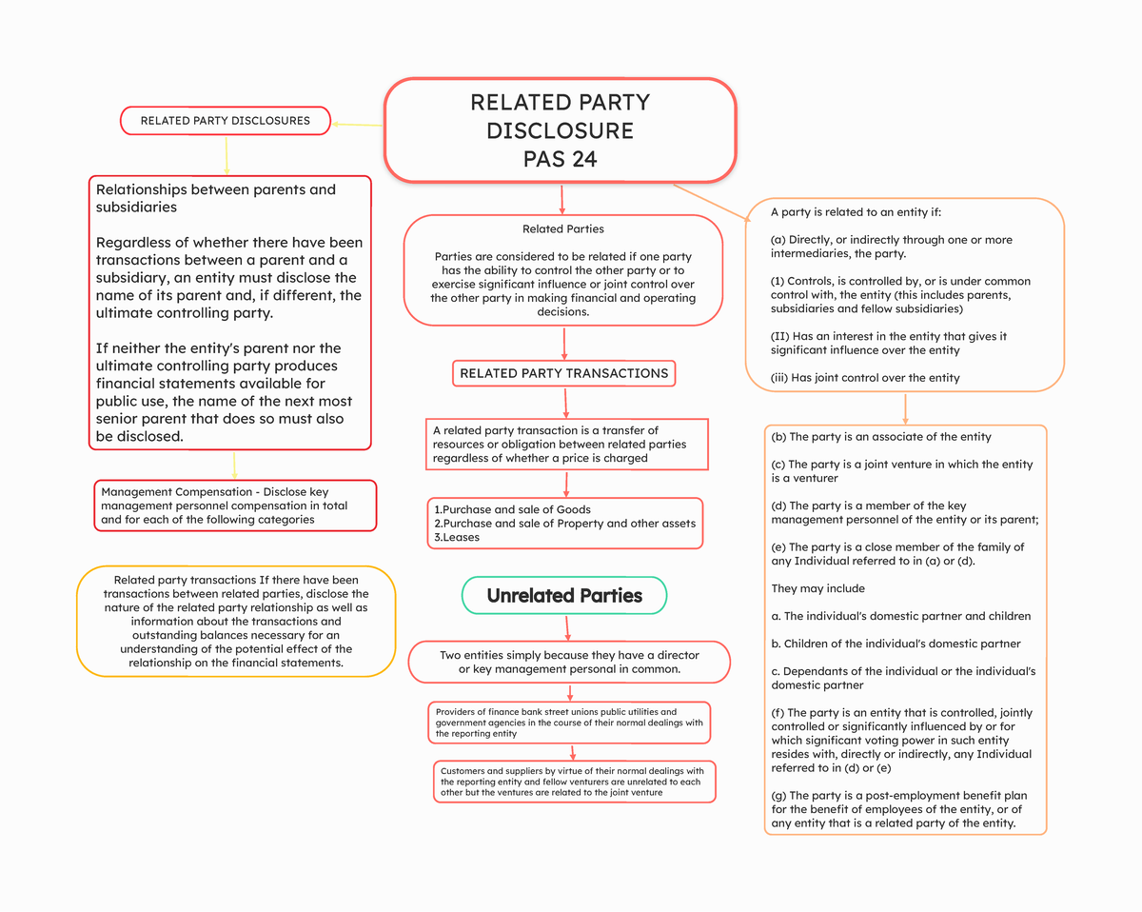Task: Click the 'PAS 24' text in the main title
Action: [560, 159]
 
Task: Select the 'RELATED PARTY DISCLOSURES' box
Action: [226, 121]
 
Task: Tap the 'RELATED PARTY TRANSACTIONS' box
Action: [563, 373]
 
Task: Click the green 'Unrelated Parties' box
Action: [564, 596]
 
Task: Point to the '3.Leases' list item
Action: [457, 537]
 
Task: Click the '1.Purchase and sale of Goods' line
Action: [512, 509]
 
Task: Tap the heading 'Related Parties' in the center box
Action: [563, 228]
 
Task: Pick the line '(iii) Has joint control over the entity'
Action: [865, 378]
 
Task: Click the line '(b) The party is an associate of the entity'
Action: [881, 437]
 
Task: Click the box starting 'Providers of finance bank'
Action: [569, 723]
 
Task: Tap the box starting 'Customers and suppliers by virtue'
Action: [572, 782]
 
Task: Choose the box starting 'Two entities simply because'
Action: [569, 662]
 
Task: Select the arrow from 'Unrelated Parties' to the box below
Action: [568, 627]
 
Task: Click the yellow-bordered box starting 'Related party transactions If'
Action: [235, 621]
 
